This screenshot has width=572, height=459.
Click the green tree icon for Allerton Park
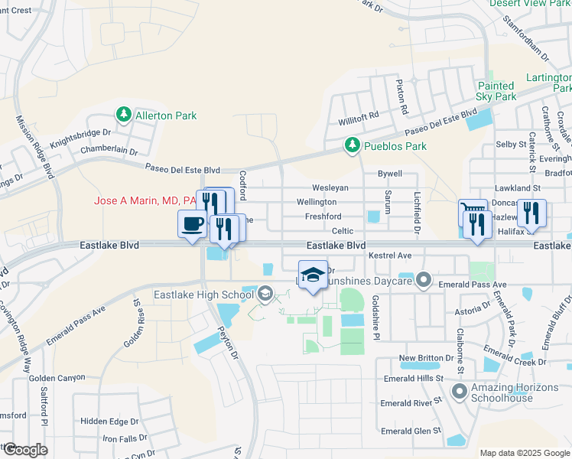[123, 115]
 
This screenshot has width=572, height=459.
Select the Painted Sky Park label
[496, 91]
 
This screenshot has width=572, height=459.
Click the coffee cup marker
[191, 224]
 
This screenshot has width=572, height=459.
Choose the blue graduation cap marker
[312, 275]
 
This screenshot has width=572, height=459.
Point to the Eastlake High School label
[203, 295]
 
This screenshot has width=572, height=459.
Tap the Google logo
[24, 450]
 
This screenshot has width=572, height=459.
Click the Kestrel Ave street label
[390, 255]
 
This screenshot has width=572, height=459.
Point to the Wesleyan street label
[330, 188]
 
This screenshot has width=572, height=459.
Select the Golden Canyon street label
[57, 378]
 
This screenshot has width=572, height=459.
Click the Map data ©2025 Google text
[525, 453]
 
